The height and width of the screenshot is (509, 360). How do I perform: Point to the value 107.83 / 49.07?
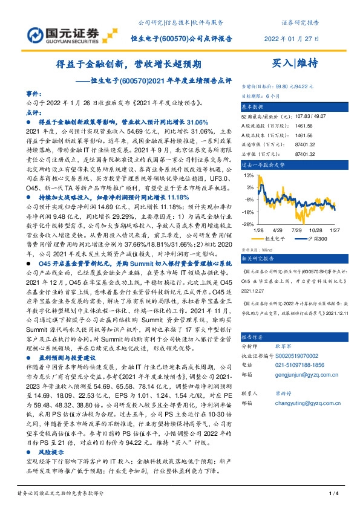click(296, 115)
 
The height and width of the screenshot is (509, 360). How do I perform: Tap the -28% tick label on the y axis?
click(248, 224)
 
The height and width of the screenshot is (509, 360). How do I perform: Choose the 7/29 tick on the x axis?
click(298, 230)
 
